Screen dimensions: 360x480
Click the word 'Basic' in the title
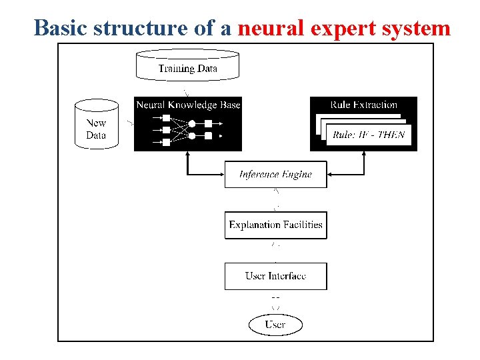tap(61, 28)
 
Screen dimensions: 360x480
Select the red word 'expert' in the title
tap(340, 28)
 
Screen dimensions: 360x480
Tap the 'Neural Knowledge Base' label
tap(188, 105)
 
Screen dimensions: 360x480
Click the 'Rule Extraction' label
tap(363, 105)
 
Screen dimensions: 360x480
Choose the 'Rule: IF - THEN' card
tap(369, 135)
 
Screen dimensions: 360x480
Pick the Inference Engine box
tap(275, 175)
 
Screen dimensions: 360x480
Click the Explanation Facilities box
tap(275, 225)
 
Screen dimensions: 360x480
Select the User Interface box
tap(275, 276)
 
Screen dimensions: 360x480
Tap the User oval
tap(275, 325)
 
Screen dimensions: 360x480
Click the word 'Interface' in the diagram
tap(287, 276)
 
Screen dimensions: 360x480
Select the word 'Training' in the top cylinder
tap(176, 68)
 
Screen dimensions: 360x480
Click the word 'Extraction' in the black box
tap(374, 105)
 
